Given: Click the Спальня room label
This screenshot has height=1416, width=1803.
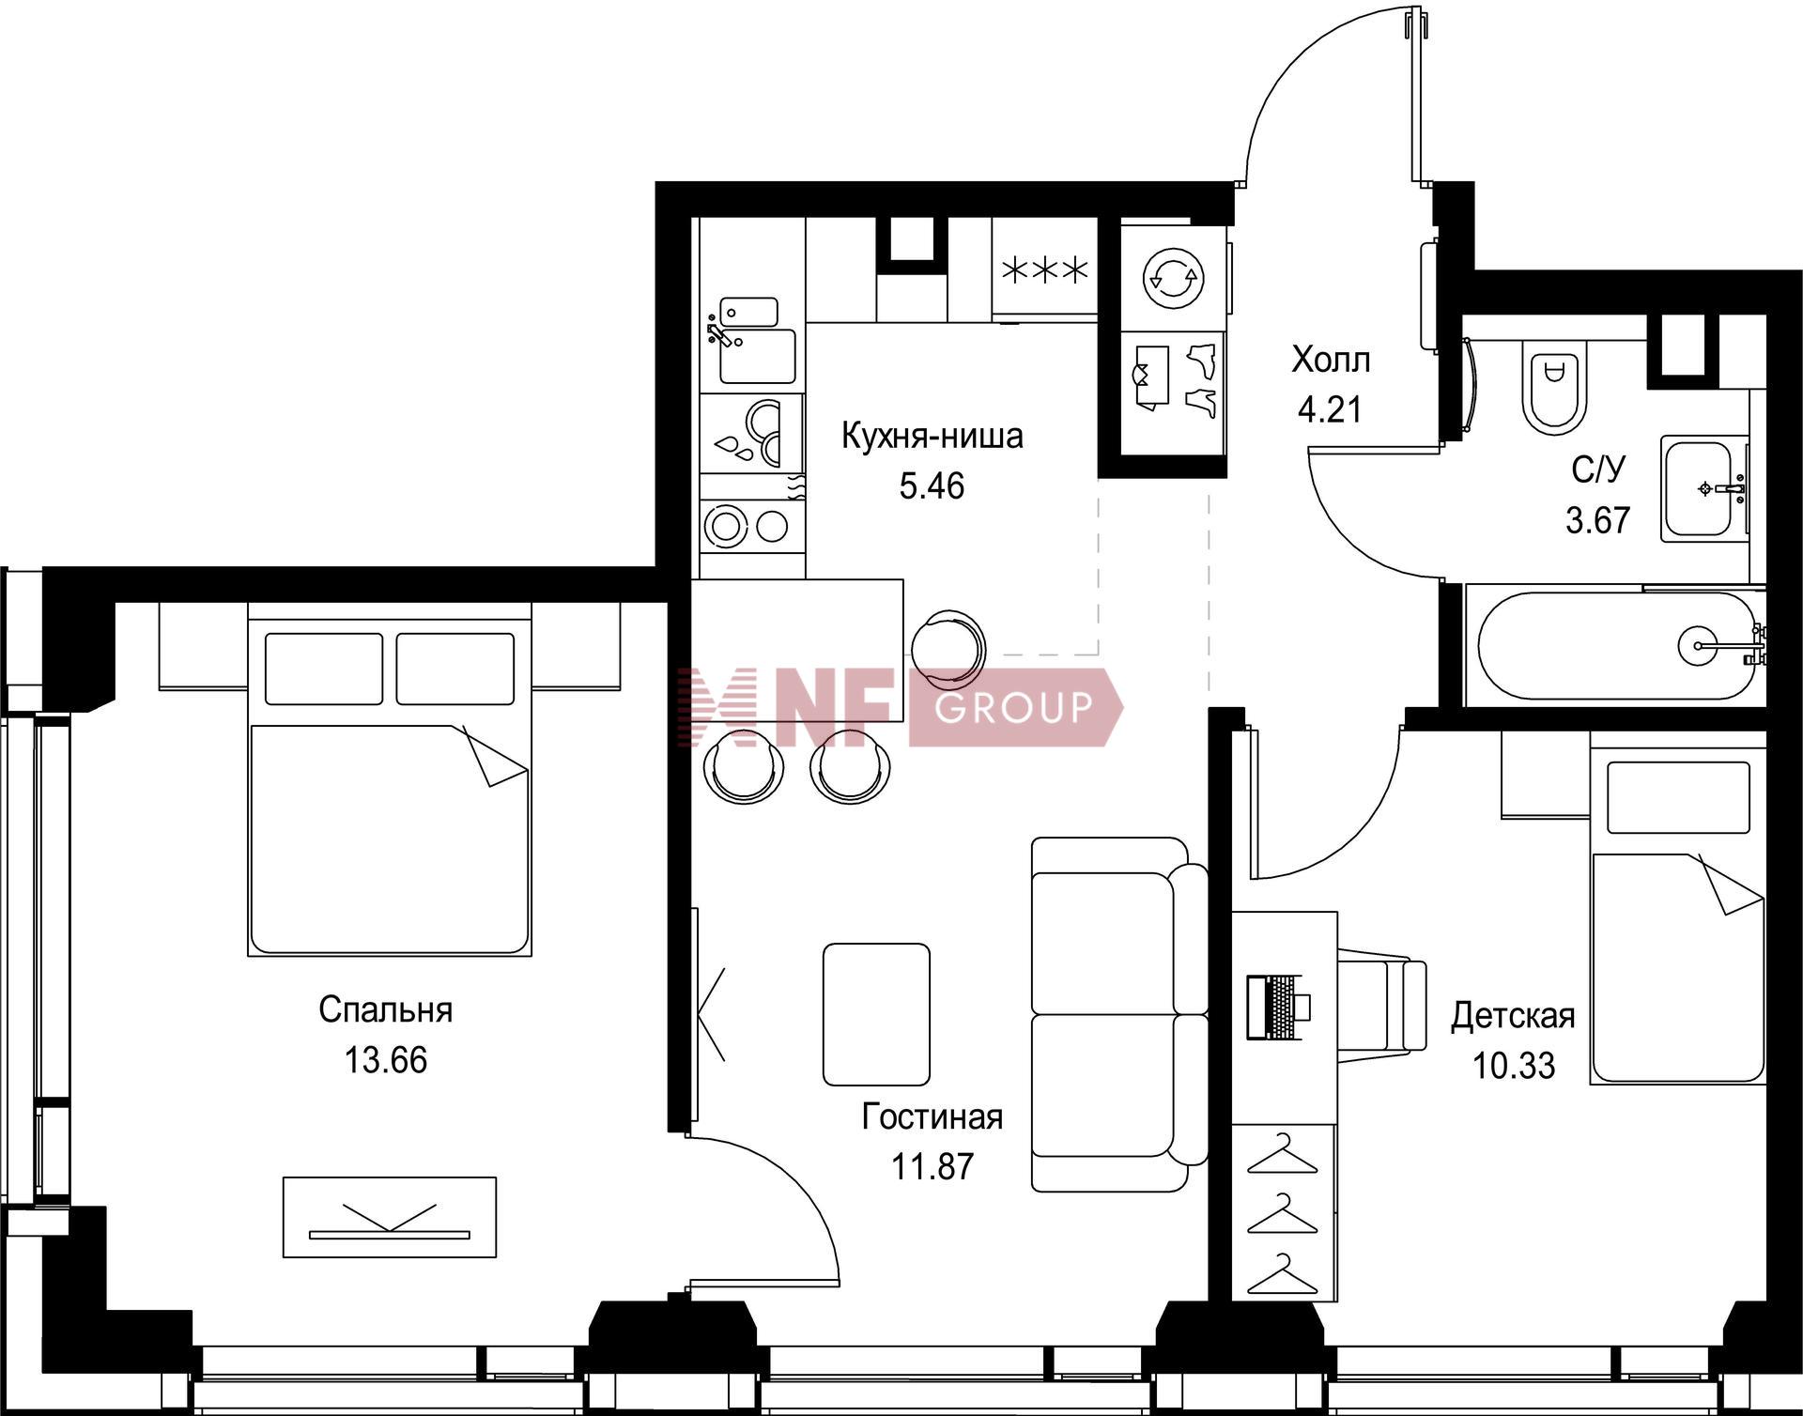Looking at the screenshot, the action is tap(385, 1010).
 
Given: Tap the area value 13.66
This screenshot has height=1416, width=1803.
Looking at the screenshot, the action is tap(385, 1060).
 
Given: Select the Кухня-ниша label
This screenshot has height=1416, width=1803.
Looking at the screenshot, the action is tap(932, 437).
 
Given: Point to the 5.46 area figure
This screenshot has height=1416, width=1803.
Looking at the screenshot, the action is tap(932, 486).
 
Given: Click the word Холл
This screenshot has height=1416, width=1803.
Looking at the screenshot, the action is tap(1331, 360).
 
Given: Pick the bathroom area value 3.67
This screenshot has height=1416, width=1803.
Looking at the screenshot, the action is tap(1597, 519).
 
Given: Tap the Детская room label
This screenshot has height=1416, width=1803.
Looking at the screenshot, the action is tap(1513, 1016).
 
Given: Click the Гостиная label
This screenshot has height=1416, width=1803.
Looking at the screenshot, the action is tap(932, 1116).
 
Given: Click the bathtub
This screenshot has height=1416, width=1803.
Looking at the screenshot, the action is tap(1615, 645).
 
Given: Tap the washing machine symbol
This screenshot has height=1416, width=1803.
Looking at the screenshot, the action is tap(1174, 277).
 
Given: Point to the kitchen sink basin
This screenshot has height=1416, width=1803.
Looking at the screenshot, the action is tap(757, 356).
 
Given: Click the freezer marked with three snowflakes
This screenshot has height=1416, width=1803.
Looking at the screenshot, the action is tap(1045, 270).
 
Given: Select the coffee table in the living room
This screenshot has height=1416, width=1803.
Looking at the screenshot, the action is tap(876, 1014).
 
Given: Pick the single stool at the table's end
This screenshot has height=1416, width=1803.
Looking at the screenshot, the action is tap(948, 647).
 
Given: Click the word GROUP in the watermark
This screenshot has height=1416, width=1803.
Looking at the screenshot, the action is tap(1014, 707).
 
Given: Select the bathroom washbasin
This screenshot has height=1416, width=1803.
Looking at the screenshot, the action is tap(1703, 488).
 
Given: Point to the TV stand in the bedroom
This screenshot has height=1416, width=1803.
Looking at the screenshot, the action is tap(390, 1217).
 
